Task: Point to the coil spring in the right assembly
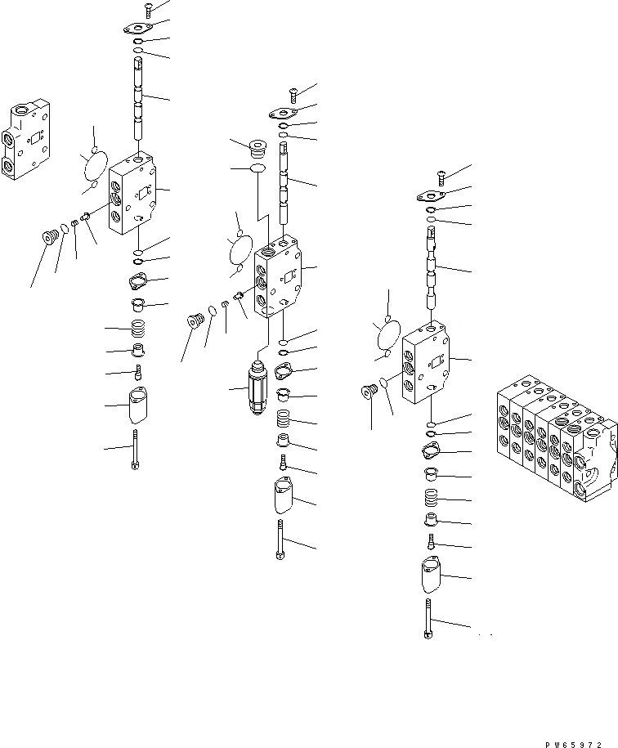(x=431, y=498)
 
